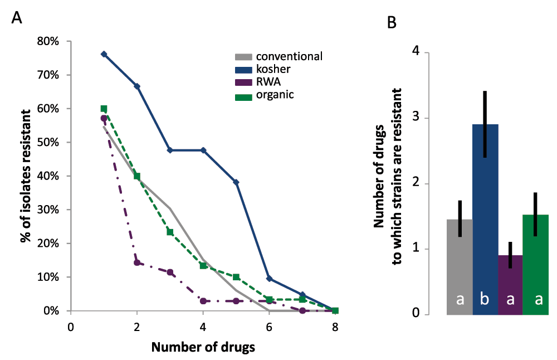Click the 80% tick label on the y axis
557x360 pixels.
47,41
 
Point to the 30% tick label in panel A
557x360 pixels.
47,210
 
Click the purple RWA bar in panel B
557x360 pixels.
510,284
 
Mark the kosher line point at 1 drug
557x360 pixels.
104,54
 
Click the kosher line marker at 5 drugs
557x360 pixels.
236,182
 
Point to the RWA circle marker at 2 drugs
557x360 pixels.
137,262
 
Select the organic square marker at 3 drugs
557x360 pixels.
170,232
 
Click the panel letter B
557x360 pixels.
392,23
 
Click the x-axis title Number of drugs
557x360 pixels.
203,348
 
